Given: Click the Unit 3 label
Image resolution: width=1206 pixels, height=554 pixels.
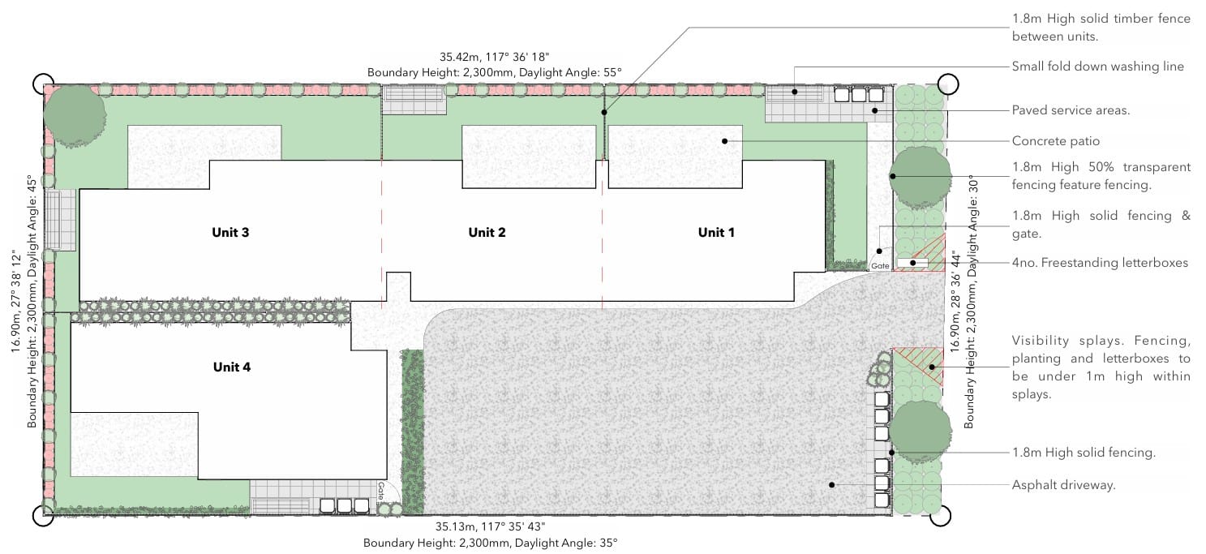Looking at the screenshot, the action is [x=230, y=232].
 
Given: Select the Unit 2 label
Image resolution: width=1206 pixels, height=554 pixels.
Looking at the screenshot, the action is [x=487, y=232].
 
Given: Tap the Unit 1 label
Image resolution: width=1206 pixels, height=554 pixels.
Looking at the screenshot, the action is [x=716, y=232].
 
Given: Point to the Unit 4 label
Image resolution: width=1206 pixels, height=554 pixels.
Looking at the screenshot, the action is [x=231, y=367].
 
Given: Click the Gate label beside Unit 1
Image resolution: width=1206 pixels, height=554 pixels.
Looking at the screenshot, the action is [x=880, y=266].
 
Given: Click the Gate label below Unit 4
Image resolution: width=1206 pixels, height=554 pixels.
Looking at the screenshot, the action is [x=381, y=491].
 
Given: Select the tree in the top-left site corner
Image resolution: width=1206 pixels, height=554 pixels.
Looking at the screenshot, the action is [x=75, y=115].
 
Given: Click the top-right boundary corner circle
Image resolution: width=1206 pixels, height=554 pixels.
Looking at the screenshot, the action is [x=948, y=84].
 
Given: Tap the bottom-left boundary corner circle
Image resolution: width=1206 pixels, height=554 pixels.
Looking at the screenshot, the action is [x=43, y=515].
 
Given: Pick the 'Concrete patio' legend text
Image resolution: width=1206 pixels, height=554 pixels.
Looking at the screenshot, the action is [x=1055, y=141].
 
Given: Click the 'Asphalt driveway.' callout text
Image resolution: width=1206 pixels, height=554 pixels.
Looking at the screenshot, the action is [x=1063, y=485].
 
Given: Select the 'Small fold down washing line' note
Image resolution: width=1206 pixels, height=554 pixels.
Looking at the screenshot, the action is [x=1098, y=67].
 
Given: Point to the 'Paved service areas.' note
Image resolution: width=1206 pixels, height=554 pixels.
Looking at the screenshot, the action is [x=1071, y=110].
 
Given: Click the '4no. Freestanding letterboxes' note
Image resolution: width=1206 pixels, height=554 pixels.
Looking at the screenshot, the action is [x=1100, y=263].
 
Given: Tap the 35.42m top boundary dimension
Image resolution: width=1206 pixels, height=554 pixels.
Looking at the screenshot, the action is [x=494, y=57].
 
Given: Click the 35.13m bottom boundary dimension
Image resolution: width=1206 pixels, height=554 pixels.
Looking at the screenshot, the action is [x=490, y=526].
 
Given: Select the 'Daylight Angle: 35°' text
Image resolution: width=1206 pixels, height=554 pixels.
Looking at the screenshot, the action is [x=566, y=543].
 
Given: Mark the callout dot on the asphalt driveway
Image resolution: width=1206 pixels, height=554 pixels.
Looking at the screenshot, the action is [x=832, y=484].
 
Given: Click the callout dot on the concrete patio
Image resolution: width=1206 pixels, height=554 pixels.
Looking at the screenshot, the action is [x=725, y=141].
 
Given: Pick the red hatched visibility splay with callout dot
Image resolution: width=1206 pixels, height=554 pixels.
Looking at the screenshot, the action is [x=919, y=366].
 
